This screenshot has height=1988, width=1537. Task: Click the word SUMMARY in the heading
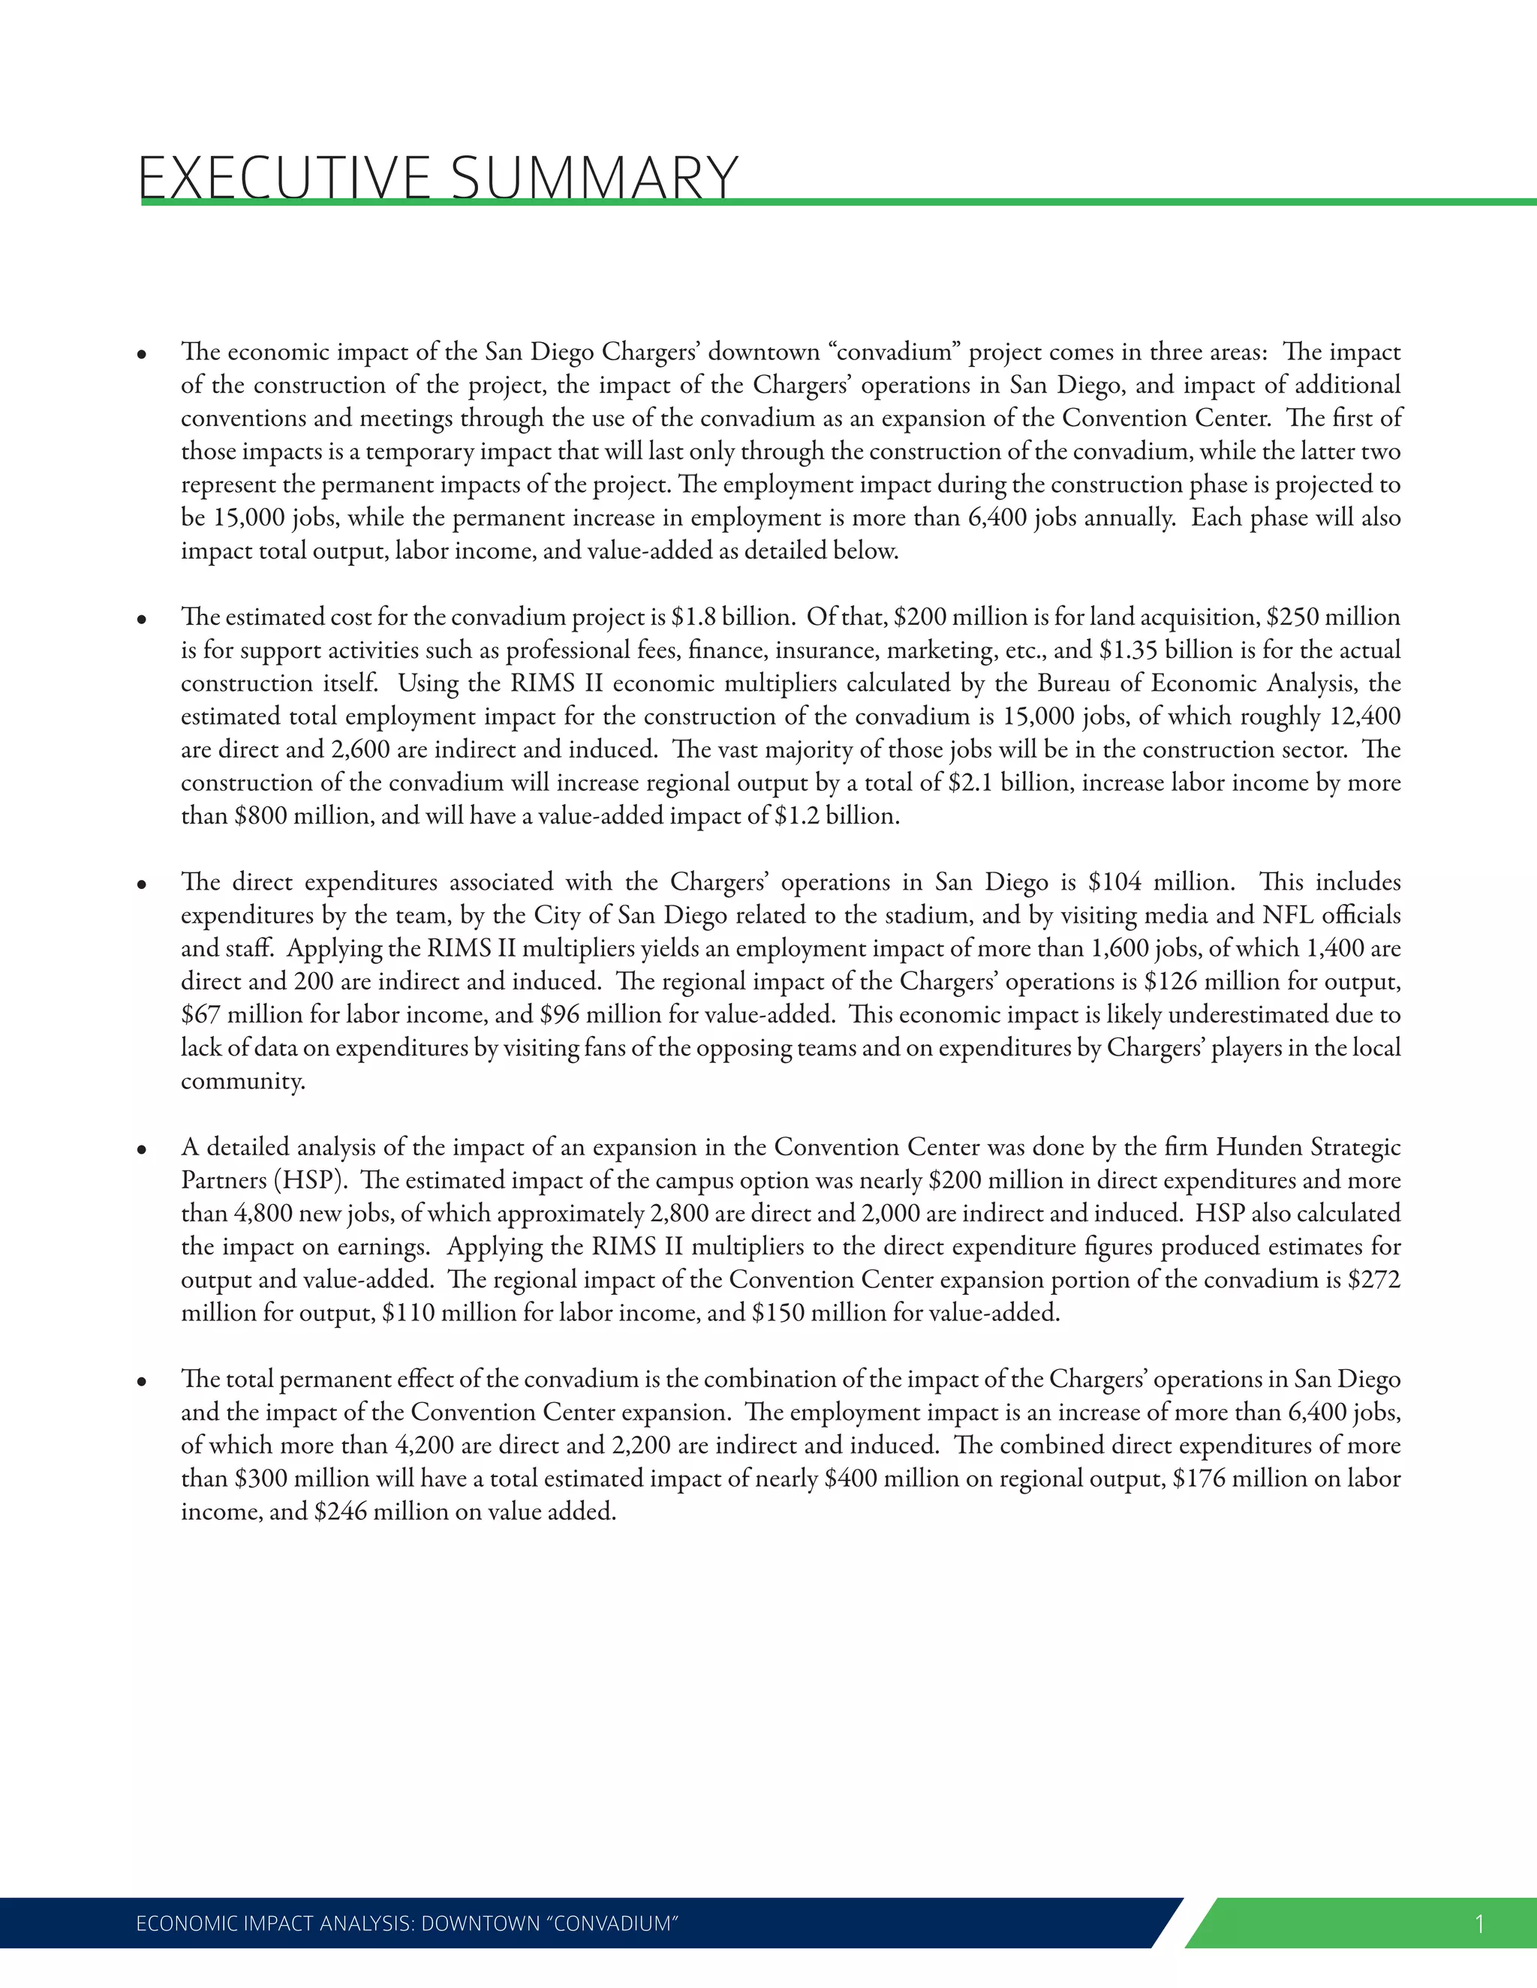point(594,178)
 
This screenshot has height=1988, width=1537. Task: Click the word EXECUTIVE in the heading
point(284,178)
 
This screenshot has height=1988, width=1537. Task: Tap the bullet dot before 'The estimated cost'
point(142,620)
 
